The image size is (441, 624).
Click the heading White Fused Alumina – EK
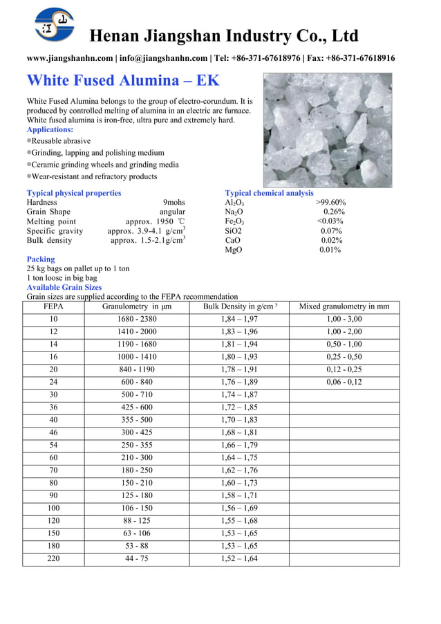tap(122, 80)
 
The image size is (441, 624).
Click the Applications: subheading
tap(50, 129)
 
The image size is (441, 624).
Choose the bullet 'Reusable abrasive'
tap(61, 140)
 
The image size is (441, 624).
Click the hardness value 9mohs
tap(173, 203)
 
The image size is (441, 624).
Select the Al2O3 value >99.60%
tap(330, 203)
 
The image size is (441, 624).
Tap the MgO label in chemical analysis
tap(233, 250)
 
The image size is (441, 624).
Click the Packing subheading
tap(40, 259)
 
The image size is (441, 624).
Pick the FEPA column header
tap(53, 306)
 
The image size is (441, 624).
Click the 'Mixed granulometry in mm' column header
tap(344, 306)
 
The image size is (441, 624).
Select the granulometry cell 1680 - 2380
tap(137, 319)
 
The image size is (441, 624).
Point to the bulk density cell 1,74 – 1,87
tap(239, 394)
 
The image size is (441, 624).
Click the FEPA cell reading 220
tap(53, 558)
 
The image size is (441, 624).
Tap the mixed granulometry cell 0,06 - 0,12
tap(344, 382)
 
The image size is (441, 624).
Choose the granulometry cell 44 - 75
tap(137, 558)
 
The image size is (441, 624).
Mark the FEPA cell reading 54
tap(53, 445)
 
